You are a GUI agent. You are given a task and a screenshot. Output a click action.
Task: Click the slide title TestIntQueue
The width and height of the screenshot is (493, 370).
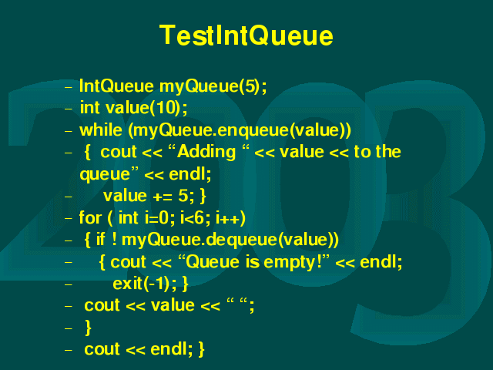click(246, 35)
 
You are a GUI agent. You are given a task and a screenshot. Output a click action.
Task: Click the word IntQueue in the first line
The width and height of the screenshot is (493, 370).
click(116, 86)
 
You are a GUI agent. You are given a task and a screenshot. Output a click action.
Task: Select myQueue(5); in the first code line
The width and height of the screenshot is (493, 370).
click(213, 86)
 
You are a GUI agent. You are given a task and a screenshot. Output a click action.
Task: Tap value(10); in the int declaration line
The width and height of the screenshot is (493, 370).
click(146, 108)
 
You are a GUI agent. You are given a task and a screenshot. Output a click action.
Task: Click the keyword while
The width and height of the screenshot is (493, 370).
click(101, 130)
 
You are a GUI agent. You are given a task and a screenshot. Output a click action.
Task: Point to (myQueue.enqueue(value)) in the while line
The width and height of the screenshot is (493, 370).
click(240, 130)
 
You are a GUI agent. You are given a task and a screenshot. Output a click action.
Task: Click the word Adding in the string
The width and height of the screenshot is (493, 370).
click(206, 153)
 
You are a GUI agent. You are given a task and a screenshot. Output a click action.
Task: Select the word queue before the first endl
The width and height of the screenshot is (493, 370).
click(105, 175)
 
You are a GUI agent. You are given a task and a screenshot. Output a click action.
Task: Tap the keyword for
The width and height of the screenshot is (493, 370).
click(90, 217)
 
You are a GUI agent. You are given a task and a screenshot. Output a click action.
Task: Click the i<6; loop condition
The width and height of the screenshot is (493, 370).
click(192, 217)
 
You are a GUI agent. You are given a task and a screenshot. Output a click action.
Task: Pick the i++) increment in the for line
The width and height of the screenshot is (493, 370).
click(230, 218)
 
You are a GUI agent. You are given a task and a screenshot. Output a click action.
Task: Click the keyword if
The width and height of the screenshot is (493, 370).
click(101, 240)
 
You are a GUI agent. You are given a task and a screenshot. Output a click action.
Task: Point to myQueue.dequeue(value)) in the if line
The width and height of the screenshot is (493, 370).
click(230, 240)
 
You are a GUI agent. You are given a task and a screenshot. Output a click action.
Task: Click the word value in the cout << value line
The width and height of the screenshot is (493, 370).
click(173, 305)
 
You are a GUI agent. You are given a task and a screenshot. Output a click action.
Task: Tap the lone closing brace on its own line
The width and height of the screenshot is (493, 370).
click(88, 328)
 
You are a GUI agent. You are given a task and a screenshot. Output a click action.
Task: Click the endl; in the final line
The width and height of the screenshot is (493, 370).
click(171, 349)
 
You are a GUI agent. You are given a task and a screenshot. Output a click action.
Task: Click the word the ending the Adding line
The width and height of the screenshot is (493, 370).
click(388, 152)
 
